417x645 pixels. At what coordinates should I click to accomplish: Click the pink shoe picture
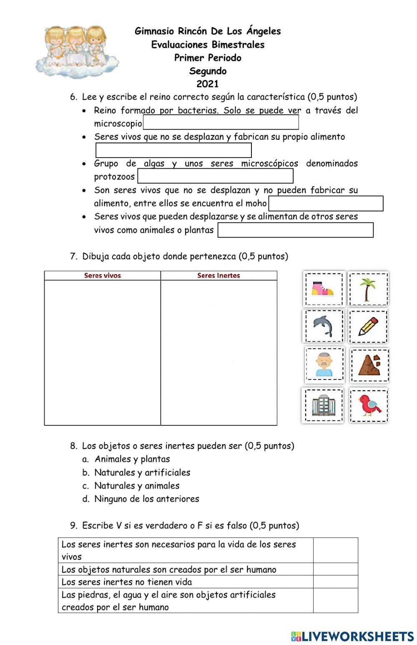(324, 288)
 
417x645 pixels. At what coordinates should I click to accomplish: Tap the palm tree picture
(368, 288)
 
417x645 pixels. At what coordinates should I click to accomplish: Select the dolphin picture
(323, 325)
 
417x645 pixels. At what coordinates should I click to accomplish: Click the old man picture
(324, 365)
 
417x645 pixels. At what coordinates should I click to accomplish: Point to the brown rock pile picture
(369, 365)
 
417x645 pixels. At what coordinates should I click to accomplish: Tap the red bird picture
(369, 405)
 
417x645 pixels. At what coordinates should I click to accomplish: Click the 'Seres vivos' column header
(103, 275)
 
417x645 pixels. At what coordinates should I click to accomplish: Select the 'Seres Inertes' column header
(219, 275)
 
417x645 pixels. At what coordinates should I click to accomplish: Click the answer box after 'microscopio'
(221, 122)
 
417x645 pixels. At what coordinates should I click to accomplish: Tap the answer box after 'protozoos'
(215, 176)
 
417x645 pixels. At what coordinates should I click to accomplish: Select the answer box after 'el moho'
(326, 203)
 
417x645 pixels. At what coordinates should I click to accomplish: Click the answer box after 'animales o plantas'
(295, 230)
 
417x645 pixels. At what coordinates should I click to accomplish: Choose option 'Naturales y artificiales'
(142, 472)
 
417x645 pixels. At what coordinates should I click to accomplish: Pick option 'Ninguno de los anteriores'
(146, 499)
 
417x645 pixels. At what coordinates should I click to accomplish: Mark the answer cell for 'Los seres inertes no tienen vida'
(335, 582)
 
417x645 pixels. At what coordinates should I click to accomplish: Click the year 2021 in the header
(208, 84)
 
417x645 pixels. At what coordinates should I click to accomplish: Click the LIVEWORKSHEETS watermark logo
(352, 636)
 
